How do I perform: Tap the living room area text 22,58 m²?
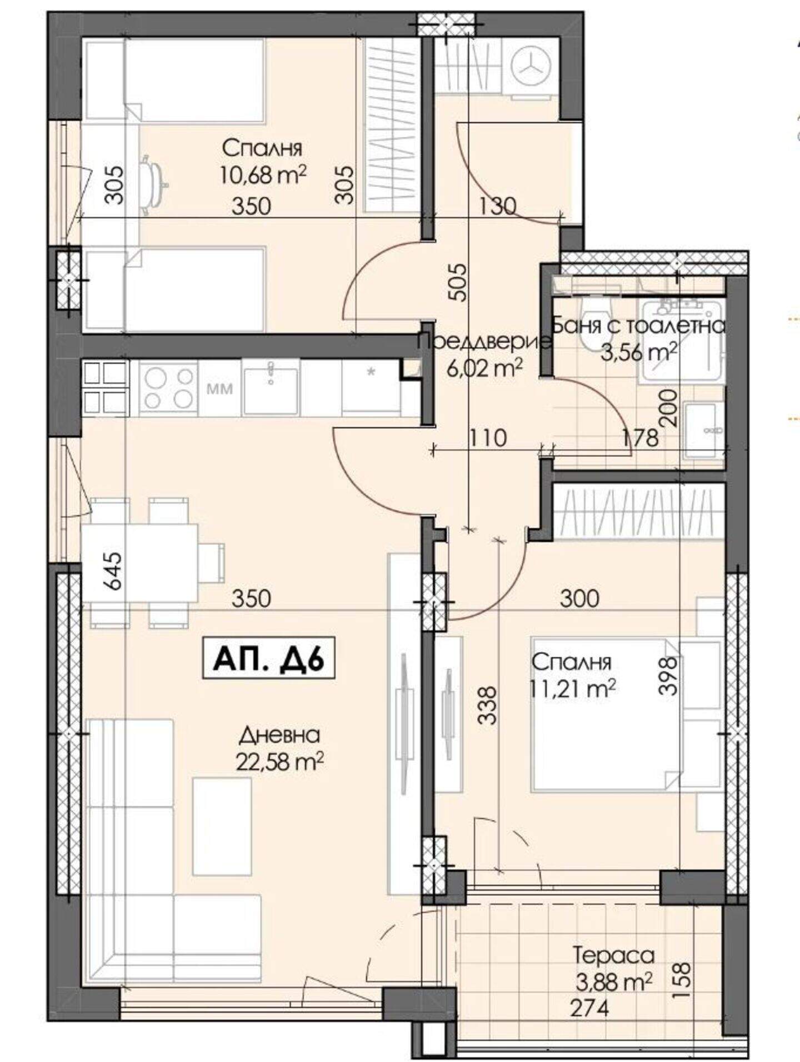(280, 761)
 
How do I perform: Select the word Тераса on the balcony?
(614, 956)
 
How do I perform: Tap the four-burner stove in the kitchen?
(168, 387)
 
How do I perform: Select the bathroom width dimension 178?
(640, 438)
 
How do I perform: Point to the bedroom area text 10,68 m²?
(263, 176)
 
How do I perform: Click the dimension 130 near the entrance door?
(498, 206)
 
